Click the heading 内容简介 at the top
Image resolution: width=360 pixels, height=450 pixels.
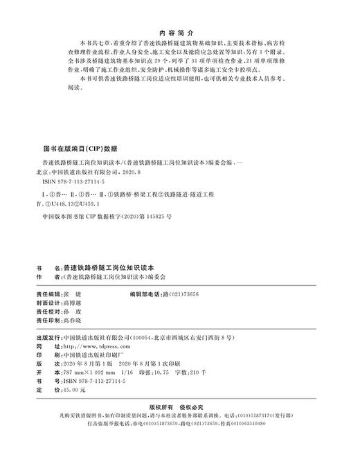coord(179,31)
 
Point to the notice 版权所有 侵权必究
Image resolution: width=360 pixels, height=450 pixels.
coord(179,408)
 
